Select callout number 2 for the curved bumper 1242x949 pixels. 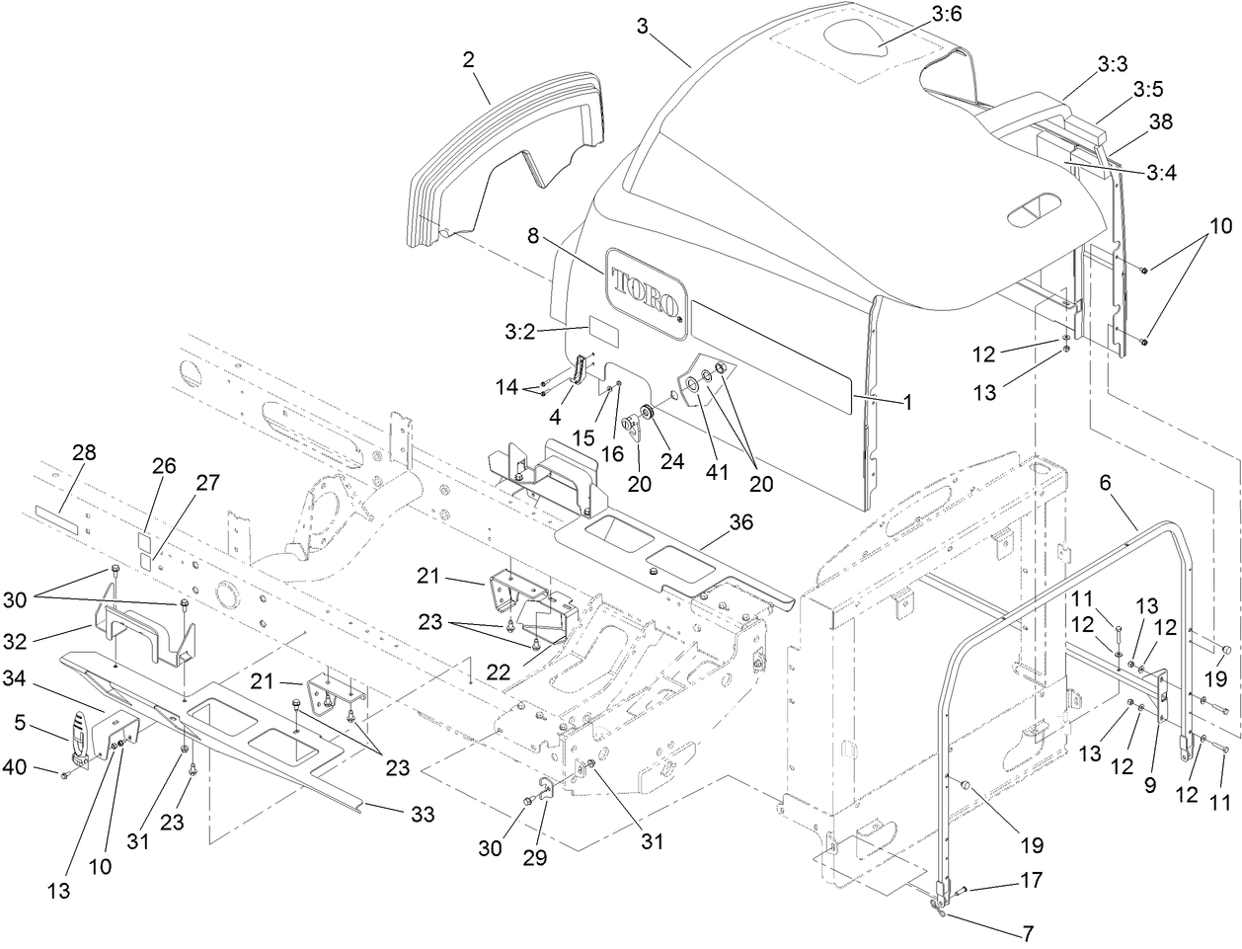click(x=468, y=60)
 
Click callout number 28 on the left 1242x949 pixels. click(x=84, y=452)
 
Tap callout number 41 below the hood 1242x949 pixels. click(x=717, y=472)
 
